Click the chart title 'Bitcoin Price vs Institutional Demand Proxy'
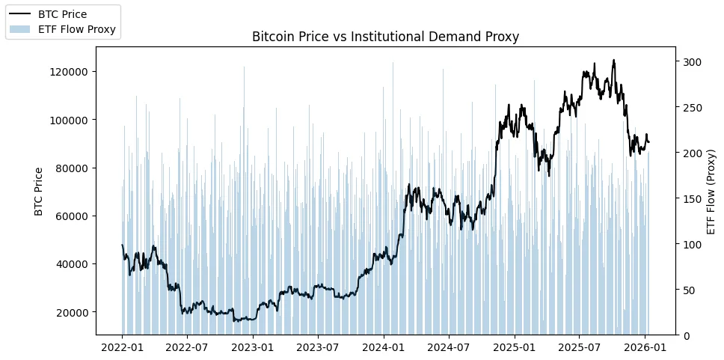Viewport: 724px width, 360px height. (x=385, y=37)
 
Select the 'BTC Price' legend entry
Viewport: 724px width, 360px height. (x=62, y=14)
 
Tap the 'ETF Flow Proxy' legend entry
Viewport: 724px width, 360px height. (x=77, y=30)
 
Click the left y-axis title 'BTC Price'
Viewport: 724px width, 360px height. (x=39, y=191)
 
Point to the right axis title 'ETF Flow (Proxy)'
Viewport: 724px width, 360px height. (x=711, y=191)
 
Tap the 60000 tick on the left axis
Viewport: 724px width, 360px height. (x=72, y=216)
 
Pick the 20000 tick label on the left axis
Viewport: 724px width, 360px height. (x=72, y=312)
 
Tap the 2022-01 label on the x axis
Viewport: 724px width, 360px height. (x=122, y=348)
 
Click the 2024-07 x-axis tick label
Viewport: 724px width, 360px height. (x=449, y=348)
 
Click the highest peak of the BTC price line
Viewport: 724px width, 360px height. (x=614, y=61)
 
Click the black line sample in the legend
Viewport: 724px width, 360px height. (x=20, y=14)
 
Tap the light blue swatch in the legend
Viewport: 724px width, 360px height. (x=20, y=30)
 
